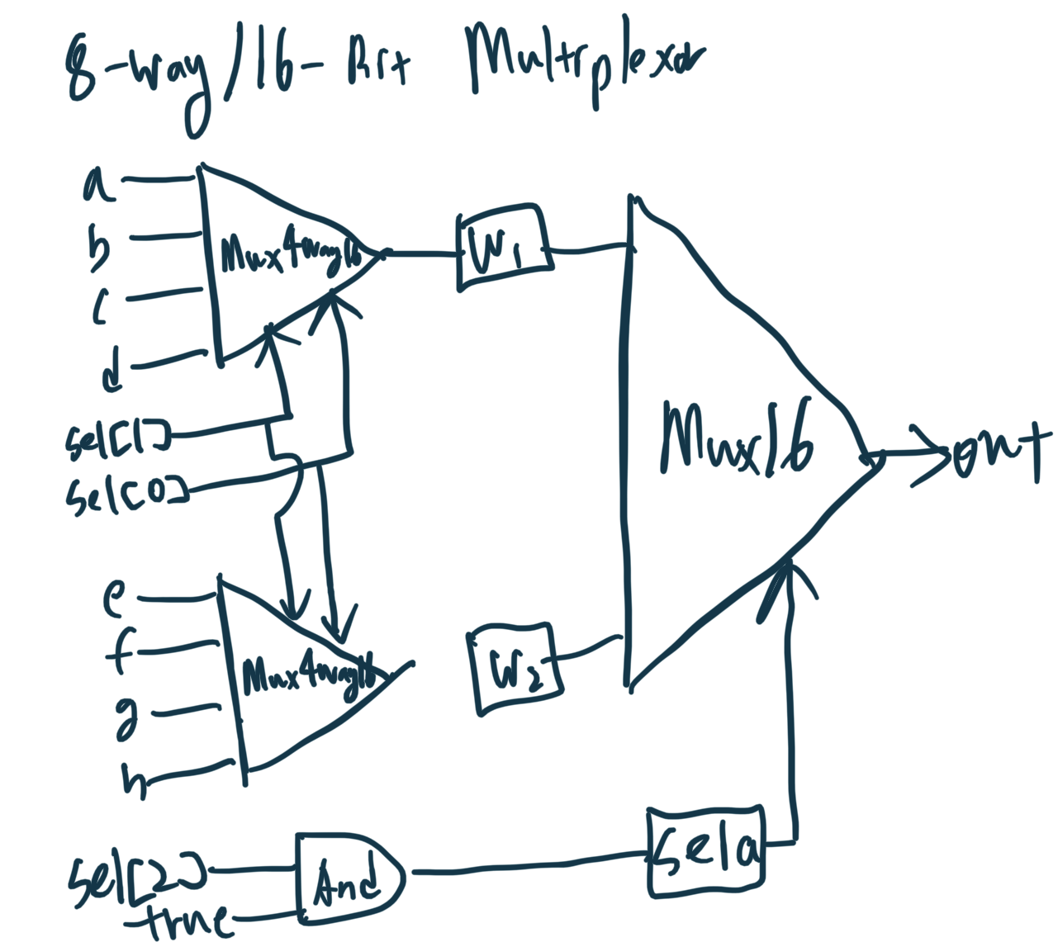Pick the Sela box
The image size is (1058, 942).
[706, 852]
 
